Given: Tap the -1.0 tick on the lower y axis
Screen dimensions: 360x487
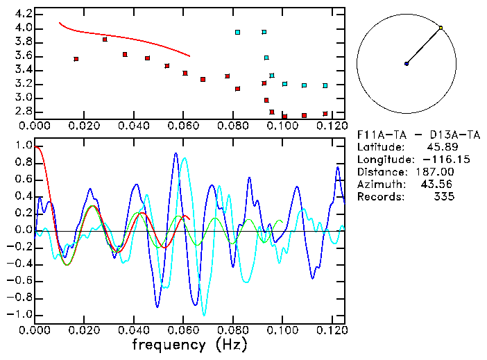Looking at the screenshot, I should pos(20,314).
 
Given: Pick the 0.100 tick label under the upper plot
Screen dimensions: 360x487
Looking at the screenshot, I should pos(282,126).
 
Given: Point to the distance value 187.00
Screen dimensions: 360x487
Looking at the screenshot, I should pos(435,172).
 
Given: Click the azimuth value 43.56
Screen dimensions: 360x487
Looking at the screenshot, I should pos(437,185).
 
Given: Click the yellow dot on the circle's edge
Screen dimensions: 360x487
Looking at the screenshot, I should pos(441,28).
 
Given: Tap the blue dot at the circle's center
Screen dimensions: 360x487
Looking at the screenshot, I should pos(407,64).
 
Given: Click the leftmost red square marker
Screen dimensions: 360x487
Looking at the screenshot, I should pos(76,59).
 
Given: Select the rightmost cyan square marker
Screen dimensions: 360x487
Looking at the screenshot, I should pos(325,85).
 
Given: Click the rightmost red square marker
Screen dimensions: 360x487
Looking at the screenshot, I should pos(325,114).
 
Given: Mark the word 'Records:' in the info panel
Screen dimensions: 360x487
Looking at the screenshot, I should pos(379,197).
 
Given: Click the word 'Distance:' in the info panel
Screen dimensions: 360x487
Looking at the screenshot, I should pos(382,172).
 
